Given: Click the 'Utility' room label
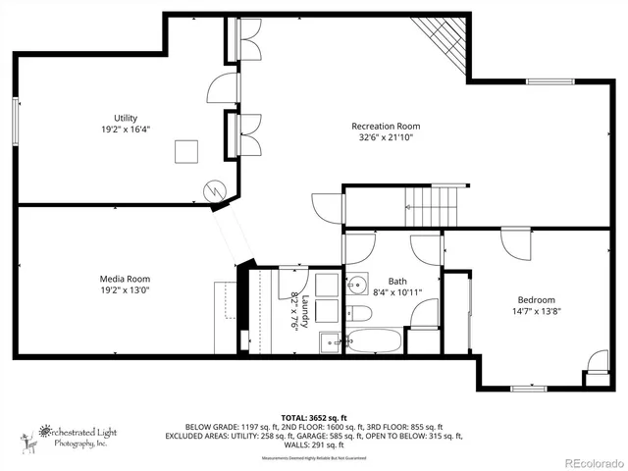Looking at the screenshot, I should point(124,118).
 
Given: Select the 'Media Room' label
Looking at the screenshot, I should point(124,278).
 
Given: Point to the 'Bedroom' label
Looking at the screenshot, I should point(537,300).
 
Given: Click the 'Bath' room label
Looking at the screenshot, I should point(396,280).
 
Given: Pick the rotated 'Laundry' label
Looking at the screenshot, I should point(304,311).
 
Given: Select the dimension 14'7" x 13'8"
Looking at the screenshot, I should point(537,312).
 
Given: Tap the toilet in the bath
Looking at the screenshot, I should point(359,314).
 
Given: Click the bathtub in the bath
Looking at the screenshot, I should point(372,342).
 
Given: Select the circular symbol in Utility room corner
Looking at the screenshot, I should point(213,189).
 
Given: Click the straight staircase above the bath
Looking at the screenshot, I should point(432,207).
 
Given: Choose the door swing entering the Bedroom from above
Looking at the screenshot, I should point(514,243).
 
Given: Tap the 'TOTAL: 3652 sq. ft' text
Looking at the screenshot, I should point(314,417).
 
